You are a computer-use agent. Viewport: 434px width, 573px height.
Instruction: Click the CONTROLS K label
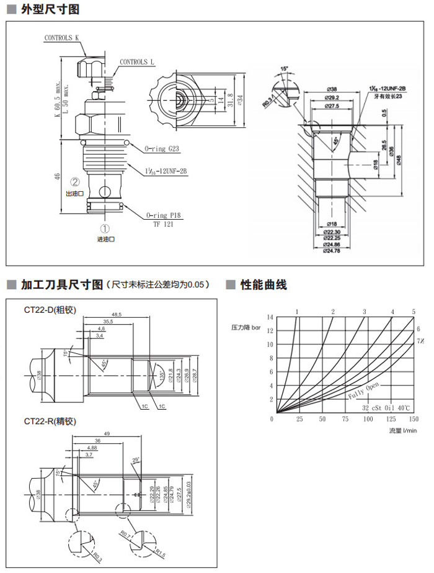62,38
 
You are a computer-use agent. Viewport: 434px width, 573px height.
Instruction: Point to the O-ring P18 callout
163,215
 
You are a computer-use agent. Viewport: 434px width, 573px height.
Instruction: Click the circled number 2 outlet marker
75,183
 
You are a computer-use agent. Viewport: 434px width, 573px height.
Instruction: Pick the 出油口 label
75,193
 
